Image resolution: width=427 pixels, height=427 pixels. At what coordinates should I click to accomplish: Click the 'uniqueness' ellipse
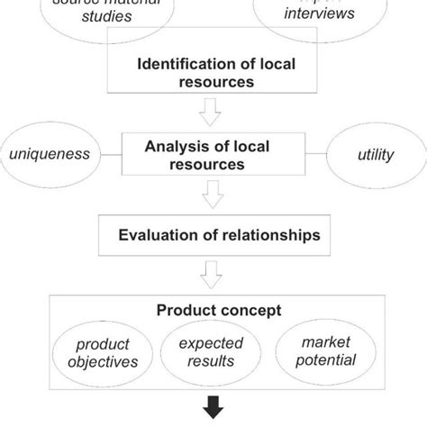(x=50, y=154)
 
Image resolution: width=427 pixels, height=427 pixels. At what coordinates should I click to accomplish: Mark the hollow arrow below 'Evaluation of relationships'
(x=213, y=271)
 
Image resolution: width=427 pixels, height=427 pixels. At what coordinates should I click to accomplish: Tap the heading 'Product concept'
(x=219, y=310)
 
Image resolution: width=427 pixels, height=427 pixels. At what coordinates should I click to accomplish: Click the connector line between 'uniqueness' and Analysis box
(x=110, y=154)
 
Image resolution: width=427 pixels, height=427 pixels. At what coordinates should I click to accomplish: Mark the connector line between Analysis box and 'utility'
(x=319, y=154)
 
